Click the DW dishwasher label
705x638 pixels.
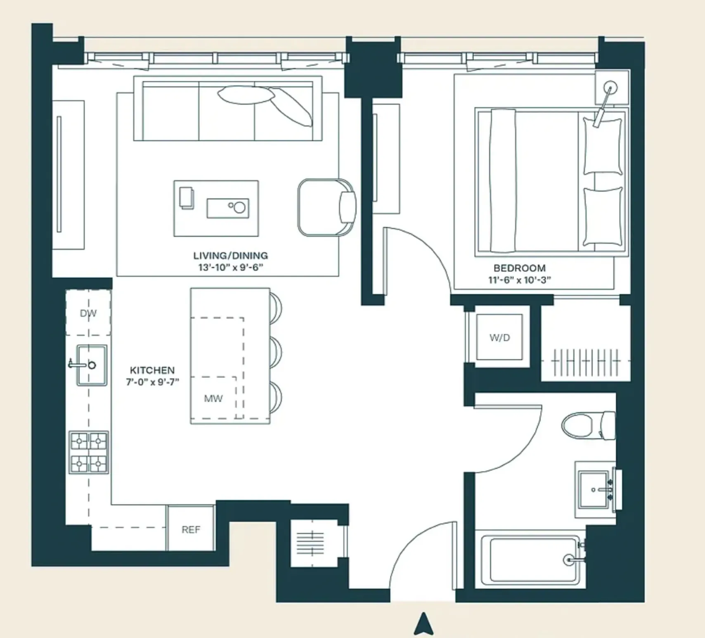88,313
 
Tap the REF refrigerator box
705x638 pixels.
191,529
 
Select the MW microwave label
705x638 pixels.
213,398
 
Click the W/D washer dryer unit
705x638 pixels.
499,337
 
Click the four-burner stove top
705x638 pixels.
89,452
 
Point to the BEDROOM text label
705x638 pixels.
519,268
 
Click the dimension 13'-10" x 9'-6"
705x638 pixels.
230,267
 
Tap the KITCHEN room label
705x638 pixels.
152,370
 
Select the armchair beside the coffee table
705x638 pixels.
326,207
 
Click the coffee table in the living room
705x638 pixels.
216,208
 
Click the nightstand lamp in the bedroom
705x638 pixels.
610,88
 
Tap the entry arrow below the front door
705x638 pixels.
423,623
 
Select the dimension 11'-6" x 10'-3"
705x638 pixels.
519,280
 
